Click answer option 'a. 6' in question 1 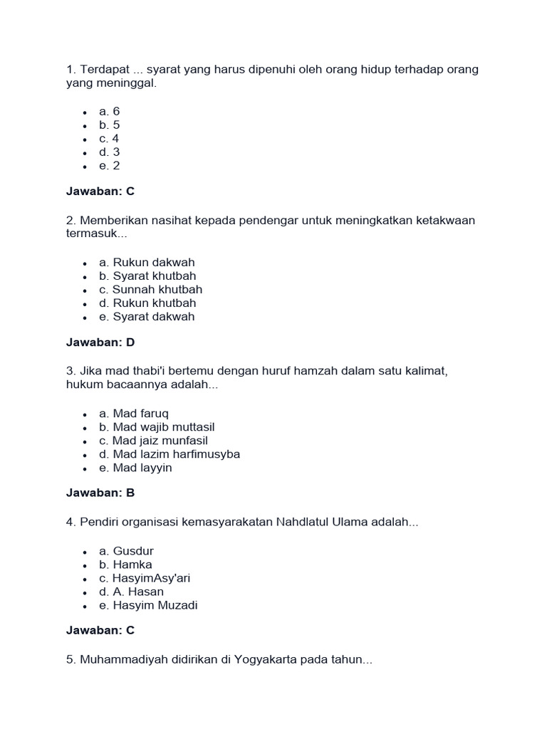[109, 111]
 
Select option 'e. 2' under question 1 [109, 166]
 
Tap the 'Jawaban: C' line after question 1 [100, 192]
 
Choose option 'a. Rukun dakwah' [147, 262]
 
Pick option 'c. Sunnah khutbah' [150, 289]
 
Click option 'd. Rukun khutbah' [147, 303]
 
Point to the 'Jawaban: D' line [100, 342]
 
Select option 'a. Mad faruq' [135, 413]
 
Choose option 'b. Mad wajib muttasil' [157, 427]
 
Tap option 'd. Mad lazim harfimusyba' [170, 454]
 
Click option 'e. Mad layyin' [135, 468]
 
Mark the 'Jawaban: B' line [100, 493]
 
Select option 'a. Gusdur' [126, 550]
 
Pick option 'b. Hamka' [125, 565]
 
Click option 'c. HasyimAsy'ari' [145, 578]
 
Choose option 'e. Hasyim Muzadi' [148, 605]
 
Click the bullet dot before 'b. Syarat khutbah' [85, 276]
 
